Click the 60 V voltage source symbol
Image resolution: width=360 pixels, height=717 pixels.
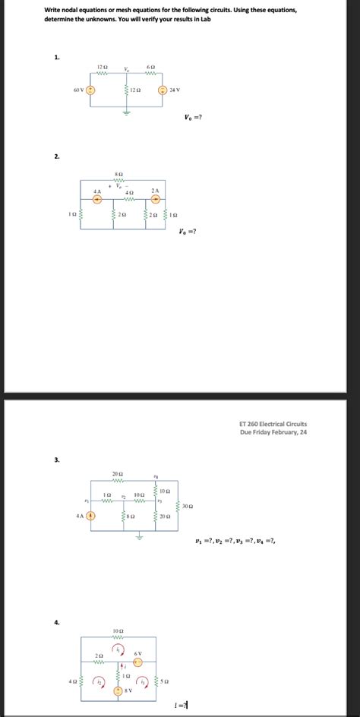tap(90, 90)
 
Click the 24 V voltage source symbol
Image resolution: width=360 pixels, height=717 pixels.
tap(162, 90)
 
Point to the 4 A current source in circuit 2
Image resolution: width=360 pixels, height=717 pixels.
tap(97, 200)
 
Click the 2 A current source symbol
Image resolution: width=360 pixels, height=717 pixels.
tap(156, 200)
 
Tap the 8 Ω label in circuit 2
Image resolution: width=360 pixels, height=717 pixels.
tap(118, 174)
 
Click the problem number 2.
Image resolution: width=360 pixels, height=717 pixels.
tap(56, 156)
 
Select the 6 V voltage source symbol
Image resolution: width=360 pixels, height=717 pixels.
tap(138, 661)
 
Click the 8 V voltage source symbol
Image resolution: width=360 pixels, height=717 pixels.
tap(119, 691)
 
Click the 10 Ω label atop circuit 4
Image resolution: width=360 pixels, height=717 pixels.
tap(117, 631)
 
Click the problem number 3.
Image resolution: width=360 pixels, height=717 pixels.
tap(56, 460)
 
